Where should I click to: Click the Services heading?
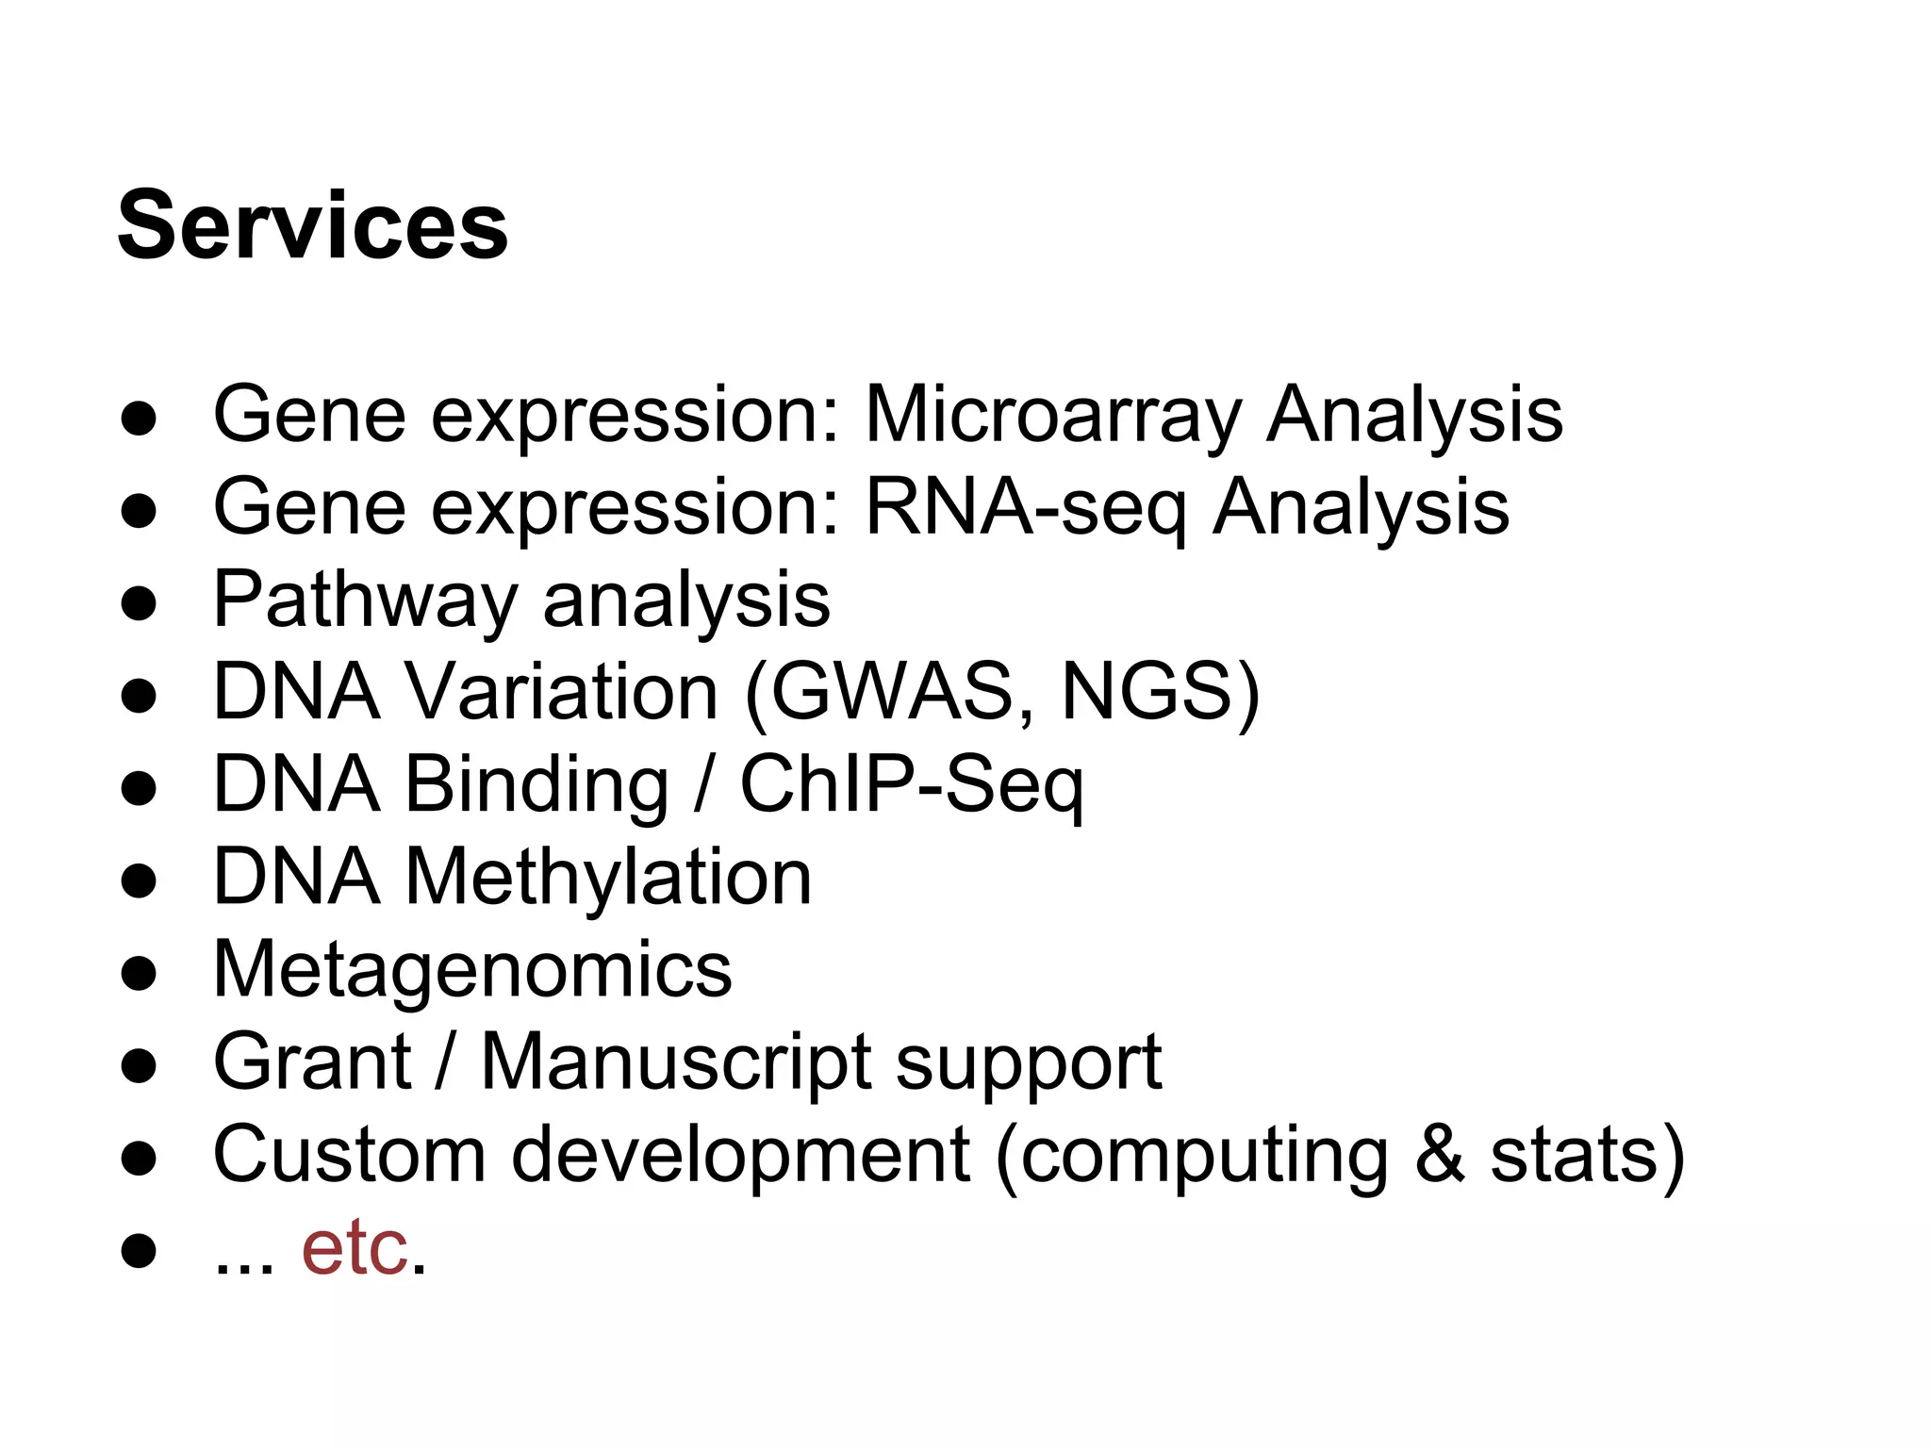click(x=312, y=226)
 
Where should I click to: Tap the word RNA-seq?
click(x=1024, y=507)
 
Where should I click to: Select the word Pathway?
click(x=365, y=600)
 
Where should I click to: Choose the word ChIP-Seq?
click(x=911, y=784)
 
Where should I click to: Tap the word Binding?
click(x=536, y=784)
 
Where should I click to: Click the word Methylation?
click(x=608, y=877)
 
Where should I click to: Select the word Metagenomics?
click(x=472, y=969)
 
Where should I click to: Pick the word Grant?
click(x=312, y=1061)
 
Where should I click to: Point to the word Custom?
click(x=349, y=1154)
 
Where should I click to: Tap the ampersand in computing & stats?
click(x=1440, y=1154)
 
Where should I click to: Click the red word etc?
click(x=355, y=1248)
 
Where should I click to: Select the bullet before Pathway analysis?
click(x=139, y=603)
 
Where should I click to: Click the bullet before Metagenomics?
click(x=139, y=973)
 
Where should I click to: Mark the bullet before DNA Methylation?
click(x=139, y=880)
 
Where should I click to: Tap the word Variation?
click(x=562, y=692)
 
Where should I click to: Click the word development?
click(x=740, y=1154)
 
